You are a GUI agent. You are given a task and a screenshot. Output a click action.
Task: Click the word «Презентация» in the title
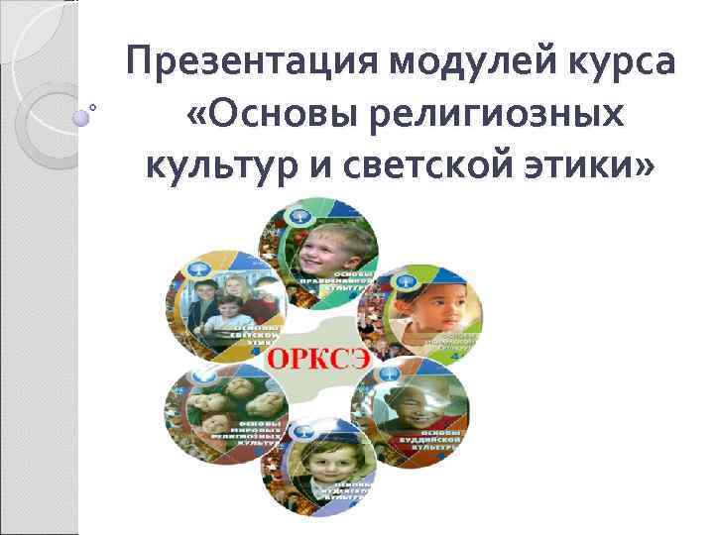[254, 63]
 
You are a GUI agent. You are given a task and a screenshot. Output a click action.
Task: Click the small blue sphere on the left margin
[82, 115]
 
